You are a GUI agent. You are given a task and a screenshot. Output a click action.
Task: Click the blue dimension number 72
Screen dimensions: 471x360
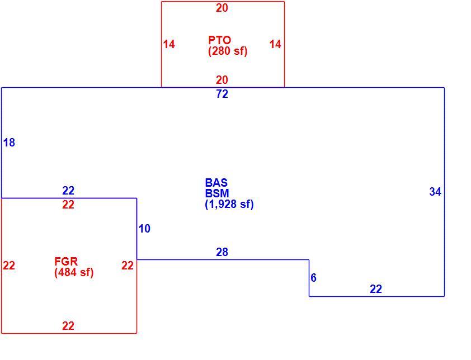(x=222, y=94)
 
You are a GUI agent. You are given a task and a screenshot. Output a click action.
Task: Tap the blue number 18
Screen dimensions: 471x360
(x=9, y=143)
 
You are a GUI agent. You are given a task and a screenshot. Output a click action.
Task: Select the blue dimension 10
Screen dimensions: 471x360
(x=144, y=229)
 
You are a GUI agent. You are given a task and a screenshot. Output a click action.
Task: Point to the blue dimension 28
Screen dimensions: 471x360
(x=222, y=252)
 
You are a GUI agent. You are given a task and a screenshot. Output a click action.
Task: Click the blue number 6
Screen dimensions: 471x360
(x=313, y=278)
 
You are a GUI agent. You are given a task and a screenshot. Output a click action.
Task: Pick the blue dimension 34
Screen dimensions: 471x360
(x=435, y=192)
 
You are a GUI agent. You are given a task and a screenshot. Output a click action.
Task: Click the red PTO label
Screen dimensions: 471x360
(x=220, y=40)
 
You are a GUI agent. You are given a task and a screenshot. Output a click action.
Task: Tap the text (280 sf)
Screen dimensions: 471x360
(x=228, y=51)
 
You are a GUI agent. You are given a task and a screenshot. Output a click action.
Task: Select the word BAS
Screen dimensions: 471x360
(x=216, y=183)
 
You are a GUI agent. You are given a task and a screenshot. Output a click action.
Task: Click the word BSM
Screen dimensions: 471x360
(x=217, y=193)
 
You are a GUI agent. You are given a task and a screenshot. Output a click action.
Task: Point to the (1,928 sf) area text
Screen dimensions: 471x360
(x=229, y=204)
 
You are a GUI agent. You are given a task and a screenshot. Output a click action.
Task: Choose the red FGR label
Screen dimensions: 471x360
(x=66, y=261)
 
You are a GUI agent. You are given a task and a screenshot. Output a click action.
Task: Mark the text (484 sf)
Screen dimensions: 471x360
(x=74, y=272)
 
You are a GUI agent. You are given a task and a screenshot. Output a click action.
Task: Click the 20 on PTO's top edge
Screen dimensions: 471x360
(x=222, y=8)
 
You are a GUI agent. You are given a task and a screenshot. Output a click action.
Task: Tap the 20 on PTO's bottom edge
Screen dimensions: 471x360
(x=222, y=80)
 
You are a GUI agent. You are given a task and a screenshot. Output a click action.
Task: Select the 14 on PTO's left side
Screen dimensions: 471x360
(x=169, y=44)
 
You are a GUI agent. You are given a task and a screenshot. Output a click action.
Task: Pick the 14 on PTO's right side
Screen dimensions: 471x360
(x=275, y=44)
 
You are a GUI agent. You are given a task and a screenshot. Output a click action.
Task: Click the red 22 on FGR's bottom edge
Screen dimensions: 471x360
(x=68, y=326)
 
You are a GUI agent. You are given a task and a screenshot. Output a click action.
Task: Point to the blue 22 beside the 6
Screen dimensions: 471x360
(x=376, y=289)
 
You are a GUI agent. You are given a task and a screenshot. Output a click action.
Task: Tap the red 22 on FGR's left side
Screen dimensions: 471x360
(x=9, y=266)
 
